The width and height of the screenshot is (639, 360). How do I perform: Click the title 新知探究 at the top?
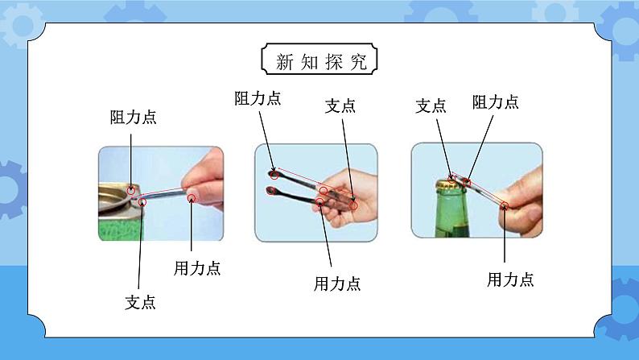321,61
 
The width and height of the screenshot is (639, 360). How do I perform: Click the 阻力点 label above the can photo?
134,117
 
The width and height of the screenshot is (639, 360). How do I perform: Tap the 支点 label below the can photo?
140,302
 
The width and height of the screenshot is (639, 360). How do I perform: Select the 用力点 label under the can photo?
197,268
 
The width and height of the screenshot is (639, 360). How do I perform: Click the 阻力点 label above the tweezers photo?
258,98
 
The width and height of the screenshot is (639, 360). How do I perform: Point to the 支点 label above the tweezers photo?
340,106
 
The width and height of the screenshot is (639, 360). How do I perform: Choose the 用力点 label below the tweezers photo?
337,283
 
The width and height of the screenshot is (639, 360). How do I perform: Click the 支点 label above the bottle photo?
431,106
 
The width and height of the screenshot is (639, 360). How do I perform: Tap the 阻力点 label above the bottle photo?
496,102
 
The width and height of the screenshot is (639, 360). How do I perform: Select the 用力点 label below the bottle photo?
510,279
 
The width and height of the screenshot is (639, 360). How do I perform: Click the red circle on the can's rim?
131,190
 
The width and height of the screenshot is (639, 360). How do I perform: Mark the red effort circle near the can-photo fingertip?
192,198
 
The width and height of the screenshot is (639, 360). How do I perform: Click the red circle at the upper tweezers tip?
274,176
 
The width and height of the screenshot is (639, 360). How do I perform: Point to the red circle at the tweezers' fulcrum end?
353,205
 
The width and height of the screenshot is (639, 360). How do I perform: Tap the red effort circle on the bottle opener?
505,205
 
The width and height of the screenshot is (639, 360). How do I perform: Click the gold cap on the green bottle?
451,186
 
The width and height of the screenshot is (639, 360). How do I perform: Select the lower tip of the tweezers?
270,190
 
